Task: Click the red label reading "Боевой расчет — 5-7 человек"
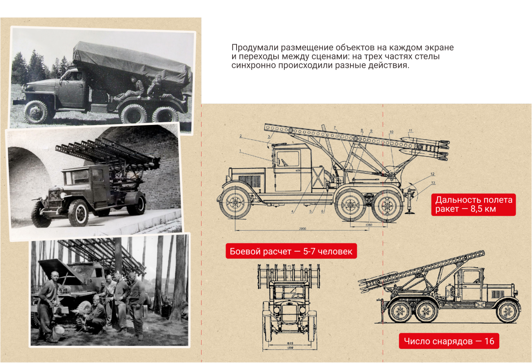[291, 252]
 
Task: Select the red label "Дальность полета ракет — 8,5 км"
[474, 204]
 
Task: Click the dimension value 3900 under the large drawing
[303, 229]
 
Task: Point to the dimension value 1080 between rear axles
[369, 225]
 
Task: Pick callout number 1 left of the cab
[240, 151]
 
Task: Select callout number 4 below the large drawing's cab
[292, 212]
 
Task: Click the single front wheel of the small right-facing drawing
[508, 311]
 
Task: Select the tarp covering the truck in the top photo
[133, 62]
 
